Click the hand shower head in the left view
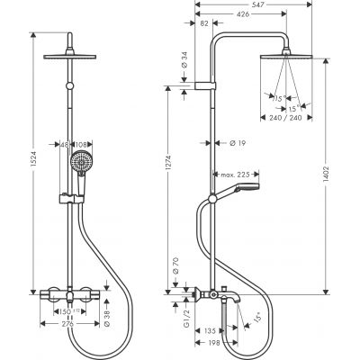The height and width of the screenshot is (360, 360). point(83,165)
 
